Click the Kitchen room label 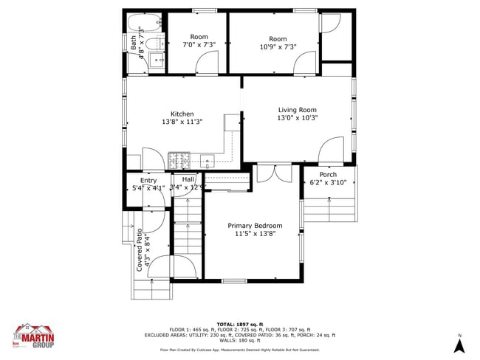pos(182,114)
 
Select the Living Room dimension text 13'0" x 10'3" pos(298,118)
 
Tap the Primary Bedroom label pos(255,226)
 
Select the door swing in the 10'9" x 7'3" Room pos(305,65)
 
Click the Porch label pos(328,174)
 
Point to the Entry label pos(148,180)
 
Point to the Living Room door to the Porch pos(332,151)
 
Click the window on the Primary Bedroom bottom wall pos(234,280)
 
